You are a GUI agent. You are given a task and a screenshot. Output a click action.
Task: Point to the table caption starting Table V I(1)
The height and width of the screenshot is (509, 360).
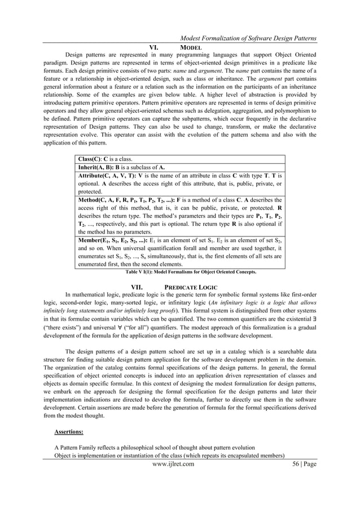(191, 271)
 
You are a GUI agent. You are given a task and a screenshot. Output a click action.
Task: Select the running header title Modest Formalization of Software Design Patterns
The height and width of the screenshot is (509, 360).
(248, 38)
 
